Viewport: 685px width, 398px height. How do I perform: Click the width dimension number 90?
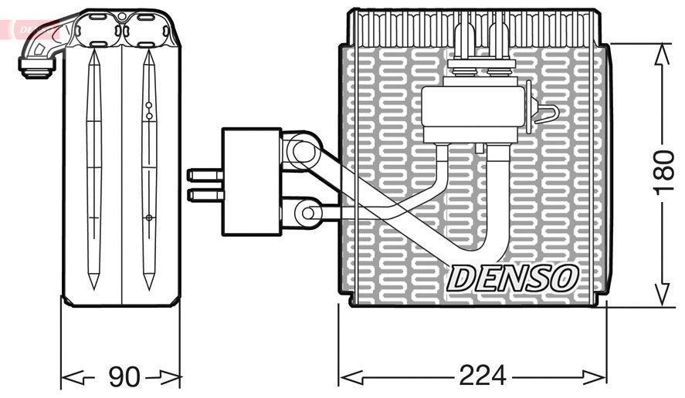click(123, 377)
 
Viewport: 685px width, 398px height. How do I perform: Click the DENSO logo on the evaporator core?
click(511, 278)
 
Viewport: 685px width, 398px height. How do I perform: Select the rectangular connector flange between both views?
click(250, 181)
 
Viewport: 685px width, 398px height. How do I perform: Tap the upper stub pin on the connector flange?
click(204, 175)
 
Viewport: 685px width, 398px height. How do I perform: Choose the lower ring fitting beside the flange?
click(307, 211)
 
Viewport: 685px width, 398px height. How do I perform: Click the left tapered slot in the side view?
click(94, 170)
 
